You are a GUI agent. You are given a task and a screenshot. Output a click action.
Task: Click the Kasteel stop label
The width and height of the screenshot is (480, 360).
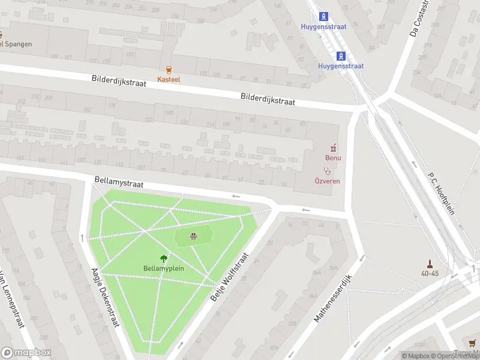click(169, 79)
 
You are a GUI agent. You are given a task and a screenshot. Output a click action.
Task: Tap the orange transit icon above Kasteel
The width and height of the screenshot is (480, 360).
click(169, 70)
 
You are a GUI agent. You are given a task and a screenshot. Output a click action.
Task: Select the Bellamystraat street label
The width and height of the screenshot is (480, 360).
click(119, 182)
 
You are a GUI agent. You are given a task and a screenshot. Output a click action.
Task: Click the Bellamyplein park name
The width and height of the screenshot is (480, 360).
click(163, 268)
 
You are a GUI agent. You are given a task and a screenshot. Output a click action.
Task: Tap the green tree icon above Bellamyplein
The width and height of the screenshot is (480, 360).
click(163, 259)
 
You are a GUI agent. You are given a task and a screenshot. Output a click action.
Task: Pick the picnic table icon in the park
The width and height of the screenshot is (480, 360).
click(193, 236)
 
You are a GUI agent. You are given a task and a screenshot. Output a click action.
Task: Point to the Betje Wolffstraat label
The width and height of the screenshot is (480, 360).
click(229, 277)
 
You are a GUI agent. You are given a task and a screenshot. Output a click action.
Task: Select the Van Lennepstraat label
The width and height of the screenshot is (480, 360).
click(10, 300)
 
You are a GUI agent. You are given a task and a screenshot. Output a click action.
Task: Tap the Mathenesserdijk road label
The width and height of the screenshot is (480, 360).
click(335, 295)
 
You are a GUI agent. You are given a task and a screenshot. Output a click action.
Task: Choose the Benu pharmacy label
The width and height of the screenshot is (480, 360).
click(333, 158)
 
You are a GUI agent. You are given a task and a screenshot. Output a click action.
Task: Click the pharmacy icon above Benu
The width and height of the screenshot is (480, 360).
click(333, 148)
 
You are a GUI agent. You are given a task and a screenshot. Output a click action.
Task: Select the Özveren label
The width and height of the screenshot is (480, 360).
click(328, 181)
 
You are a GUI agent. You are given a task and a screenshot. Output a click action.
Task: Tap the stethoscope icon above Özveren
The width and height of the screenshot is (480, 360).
click(328, 171)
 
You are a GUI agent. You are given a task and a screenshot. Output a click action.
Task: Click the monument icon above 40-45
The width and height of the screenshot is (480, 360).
click(429, 263)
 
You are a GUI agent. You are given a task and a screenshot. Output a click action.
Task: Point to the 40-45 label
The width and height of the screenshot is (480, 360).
click(429, 274)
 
